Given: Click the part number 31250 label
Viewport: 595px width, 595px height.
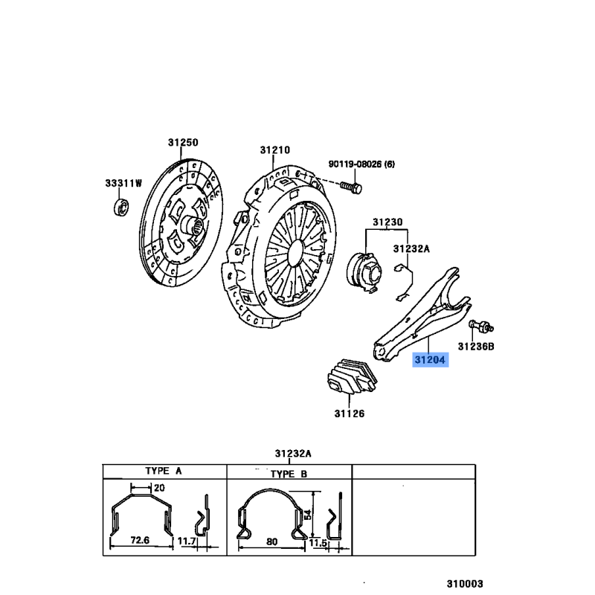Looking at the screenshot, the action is pyautogui.click(x=183, y=142).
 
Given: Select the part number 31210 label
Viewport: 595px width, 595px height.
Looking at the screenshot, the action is pyautogui.click(x=274, y=150).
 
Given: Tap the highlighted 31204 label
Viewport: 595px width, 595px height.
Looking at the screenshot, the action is pyautogui.click(x=431, y=359).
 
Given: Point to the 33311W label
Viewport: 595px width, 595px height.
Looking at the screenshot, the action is pyautogui.click(x=123, y=183).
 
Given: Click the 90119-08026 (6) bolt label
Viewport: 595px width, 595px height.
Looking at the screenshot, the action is pyautogui.click(x=361, y=164).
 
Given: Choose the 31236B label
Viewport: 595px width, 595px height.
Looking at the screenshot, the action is pyautogui.click(x=476, y=347).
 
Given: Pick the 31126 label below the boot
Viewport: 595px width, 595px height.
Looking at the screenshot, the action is pyautogui.click(x=349, y=414).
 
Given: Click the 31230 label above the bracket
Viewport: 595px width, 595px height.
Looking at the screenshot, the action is pyautogui.click(x=387, y=222).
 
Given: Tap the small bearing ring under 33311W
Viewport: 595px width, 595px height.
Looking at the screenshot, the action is pyautogui.click(x=121, y=207).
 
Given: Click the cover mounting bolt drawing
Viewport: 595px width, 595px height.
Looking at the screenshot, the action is pyautogui.click(x=351, y=187).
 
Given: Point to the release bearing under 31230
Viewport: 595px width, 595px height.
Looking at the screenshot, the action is pyautogui.click(x=364, y=272).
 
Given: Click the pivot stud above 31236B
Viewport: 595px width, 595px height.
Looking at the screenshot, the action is pyautogui.click(x=481, y=326).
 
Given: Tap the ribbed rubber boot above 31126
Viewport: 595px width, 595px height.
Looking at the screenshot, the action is pyautogui.click(x=352, y=377).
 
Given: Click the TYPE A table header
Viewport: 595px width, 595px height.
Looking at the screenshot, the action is pyautogui.click(x=164, y=471).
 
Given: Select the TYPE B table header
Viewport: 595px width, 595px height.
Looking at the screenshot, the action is pyautogui.click(x=289, y=474).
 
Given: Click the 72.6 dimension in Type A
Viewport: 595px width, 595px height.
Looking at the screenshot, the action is pyautogui.click(x=140, y=540).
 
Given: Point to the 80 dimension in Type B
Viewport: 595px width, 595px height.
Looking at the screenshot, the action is pyautogui.click(x=271, y=541).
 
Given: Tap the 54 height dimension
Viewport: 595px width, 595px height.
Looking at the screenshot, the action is pyautogui.click(x=308, y=515).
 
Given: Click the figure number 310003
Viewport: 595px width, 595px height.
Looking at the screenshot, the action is pyautogui.click(x=464, y=583).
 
